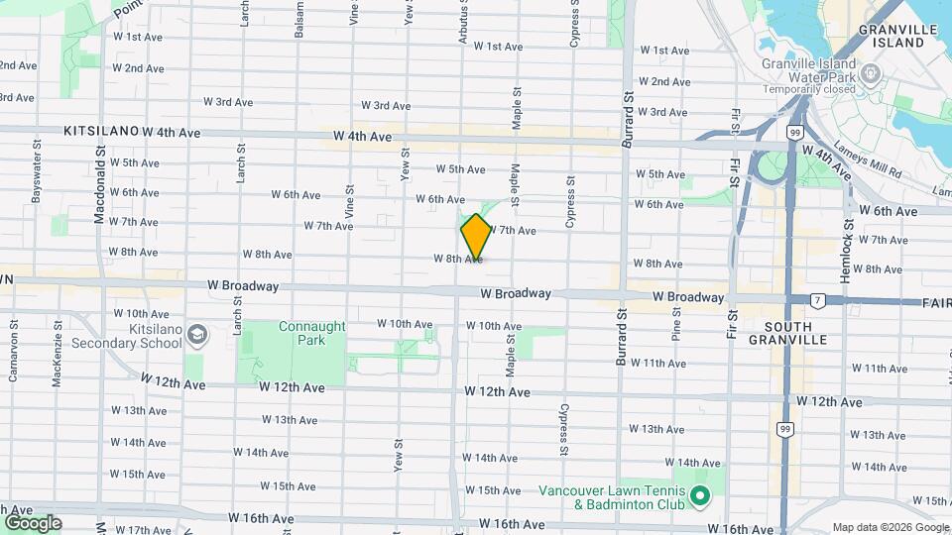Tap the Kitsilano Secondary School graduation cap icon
point(196,337)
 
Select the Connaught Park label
point(311,333)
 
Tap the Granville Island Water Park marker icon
point(871,73)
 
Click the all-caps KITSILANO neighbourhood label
point(99,131)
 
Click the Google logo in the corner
point(32,522)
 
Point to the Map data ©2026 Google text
point(890,527)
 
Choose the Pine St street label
point(677,324)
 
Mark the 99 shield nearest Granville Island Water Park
point(794,132)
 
